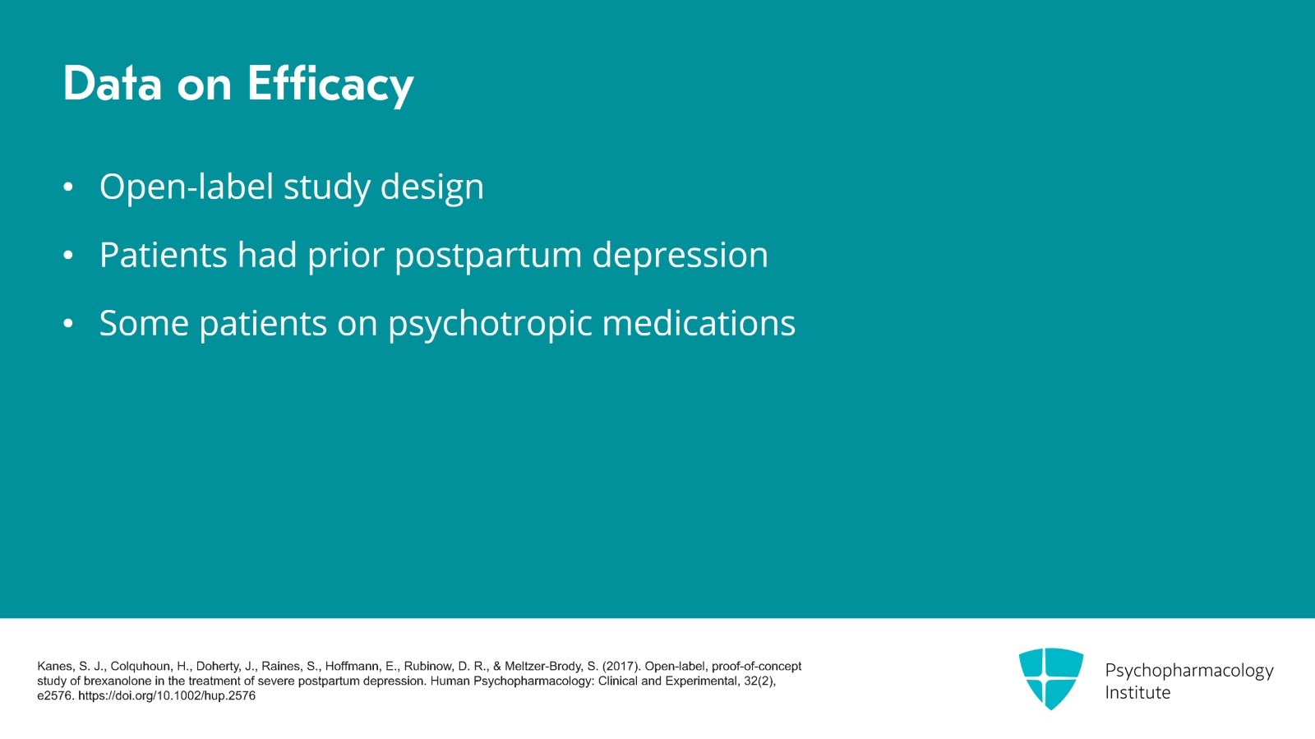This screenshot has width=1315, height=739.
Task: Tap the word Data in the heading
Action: [113, 84]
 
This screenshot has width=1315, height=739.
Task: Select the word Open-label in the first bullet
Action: [187, 187]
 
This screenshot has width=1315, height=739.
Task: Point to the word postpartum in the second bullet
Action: [488, 256]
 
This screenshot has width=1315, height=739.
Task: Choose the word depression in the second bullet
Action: [680, 256]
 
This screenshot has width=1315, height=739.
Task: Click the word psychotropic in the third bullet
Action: [490, 324]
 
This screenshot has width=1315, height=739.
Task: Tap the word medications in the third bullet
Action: [699, 323]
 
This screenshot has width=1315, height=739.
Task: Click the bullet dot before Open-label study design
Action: [68, 187]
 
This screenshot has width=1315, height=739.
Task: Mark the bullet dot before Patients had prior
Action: [68, 256]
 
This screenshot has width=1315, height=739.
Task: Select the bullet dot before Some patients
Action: [68, 324]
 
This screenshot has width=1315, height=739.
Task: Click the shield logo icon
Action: [1050, 678]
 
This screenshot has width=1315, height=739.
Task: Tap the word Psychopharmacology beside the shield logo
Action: [1188, 670]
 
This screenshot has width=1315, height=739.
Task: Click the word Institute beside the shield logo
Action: [1137, 692]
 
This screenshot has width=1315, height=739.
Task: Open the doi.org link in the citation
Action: [167, 695]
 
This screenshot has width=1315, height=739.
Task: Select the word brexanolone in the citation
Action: [118, 681]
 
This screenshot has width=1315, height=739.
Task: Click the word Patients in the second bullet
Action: [164, 256]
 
